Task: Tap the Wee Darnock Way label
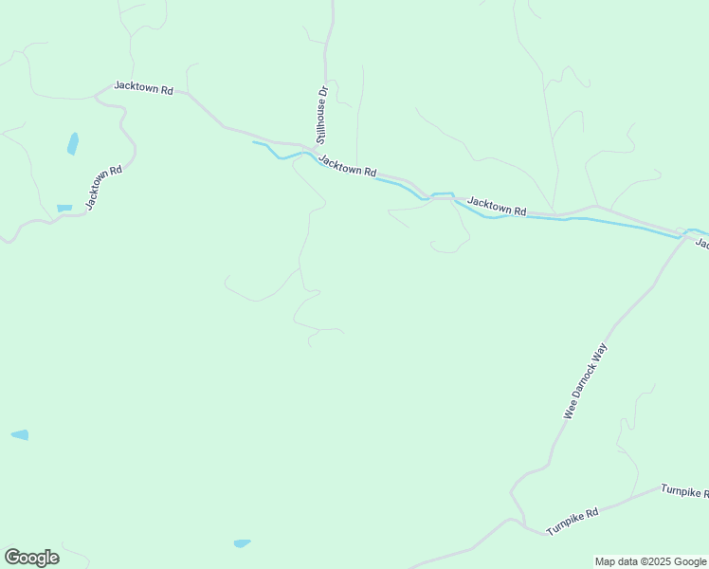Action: (585, 380)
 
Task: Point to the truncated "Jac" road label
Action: (702, 244)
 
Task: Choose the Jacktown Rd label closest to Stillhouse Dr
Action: (347, 165)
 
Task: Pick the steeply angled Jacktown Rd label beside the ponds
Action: (104, 187)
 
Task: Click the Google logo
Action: (31, 558)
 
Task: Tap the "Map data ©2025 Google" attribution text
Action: (651, 561)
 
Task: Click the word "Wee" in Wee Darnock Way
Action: (571, 410)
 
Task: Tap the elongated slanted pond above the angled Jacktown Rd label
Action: (72, 143)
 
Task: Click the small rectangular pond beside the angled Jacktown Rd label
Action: (64, 208)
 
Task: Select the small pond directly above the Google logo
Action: (20, 434)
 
